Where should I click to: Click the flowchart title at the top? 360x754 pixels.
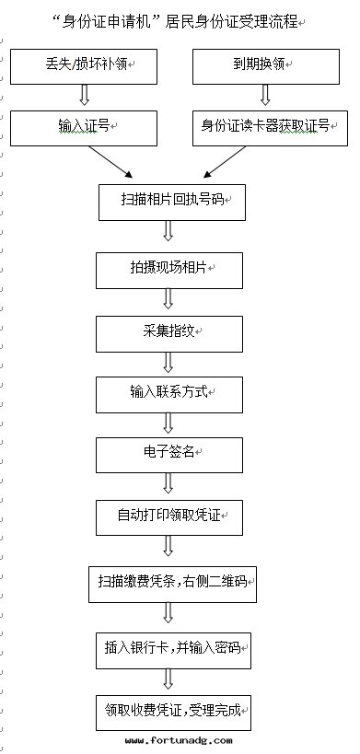point(180,21)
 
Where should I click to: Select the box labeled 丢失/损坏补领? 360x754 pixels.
point(83,66)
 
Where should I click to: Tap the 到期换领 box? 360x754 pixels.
point(264,66)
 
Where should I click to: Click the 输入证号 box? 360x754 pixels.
point(83,127)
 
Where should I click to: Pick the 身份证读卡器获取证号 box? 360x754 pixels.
point(265,127)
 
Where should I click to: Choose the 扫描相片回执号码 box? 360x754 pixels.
point(172,201)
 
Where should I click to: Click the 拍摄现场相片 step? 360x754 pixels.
point(168,269)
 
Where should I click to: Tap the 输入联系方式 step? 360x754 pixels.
point(168,393)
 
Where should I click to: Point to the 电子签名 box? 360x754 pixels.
point(168,454)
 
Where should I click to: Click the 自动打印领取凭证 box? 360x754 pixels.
point(168,516)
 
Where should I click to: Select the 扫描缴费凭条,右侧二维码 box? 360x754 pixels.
point(172,583)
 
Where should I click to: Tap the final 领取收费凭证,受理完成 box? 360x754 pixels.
point(172,711)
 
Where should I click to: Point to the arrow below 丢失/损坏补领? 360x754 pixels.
point(83,96)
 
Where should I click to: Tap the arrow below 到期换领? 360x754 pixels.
point(265,96)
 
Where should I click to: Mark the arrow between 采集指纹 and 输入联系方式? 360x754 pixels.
point(168,362)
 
